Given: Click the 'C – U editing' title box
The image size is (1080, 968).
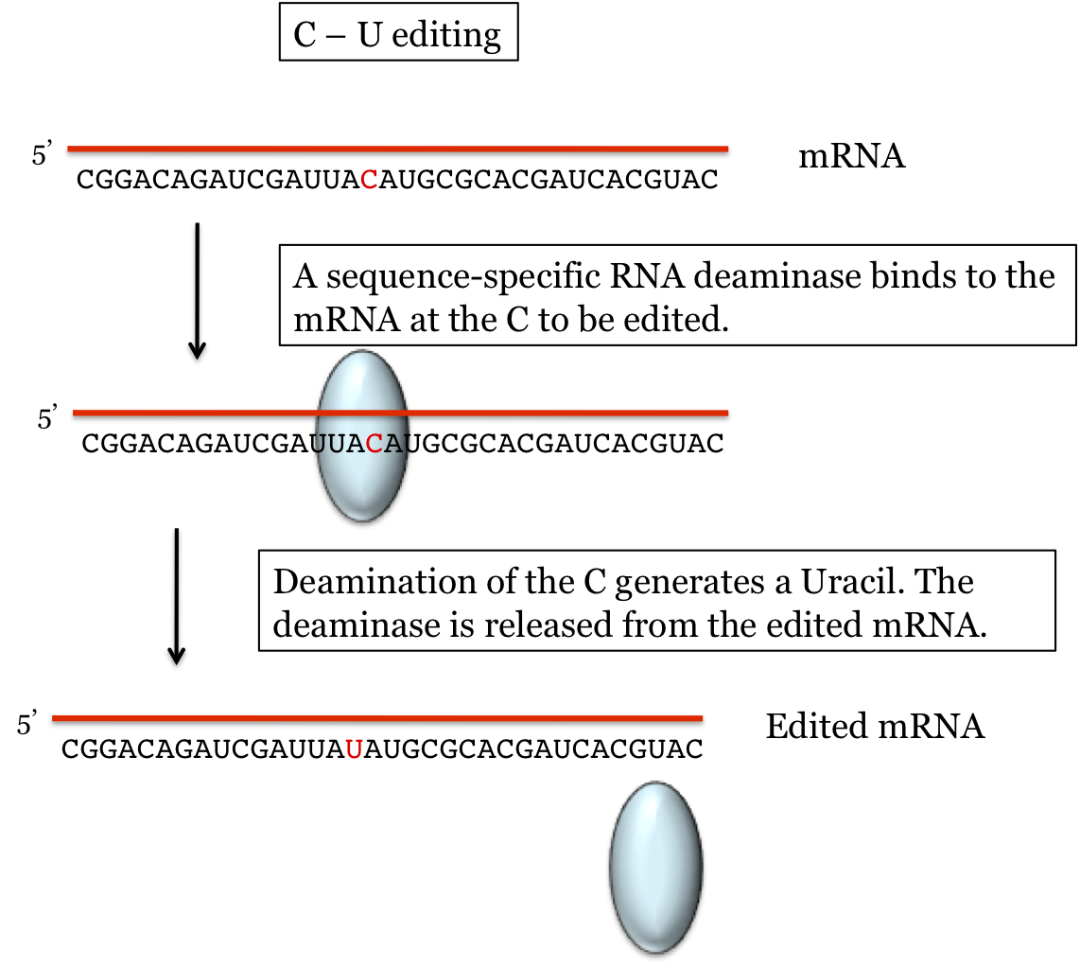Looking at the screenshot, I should [398, 36].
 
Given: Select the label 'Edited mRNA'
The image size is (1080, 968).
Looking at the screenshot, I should [875, 727].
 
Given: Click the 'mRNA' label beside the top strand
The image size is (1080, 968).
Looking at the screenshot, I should [852, 156].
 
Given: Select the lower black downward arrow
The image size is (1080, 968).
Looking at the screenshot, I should [176, 596].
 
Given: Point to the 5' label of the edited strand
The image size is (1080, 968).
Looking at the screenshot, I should [30, 725].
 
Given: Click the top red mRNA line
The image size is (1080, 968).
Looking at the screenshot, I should [397, 149].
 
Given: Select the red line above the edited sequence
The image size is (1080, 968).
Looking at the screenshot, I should [378, 719].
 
